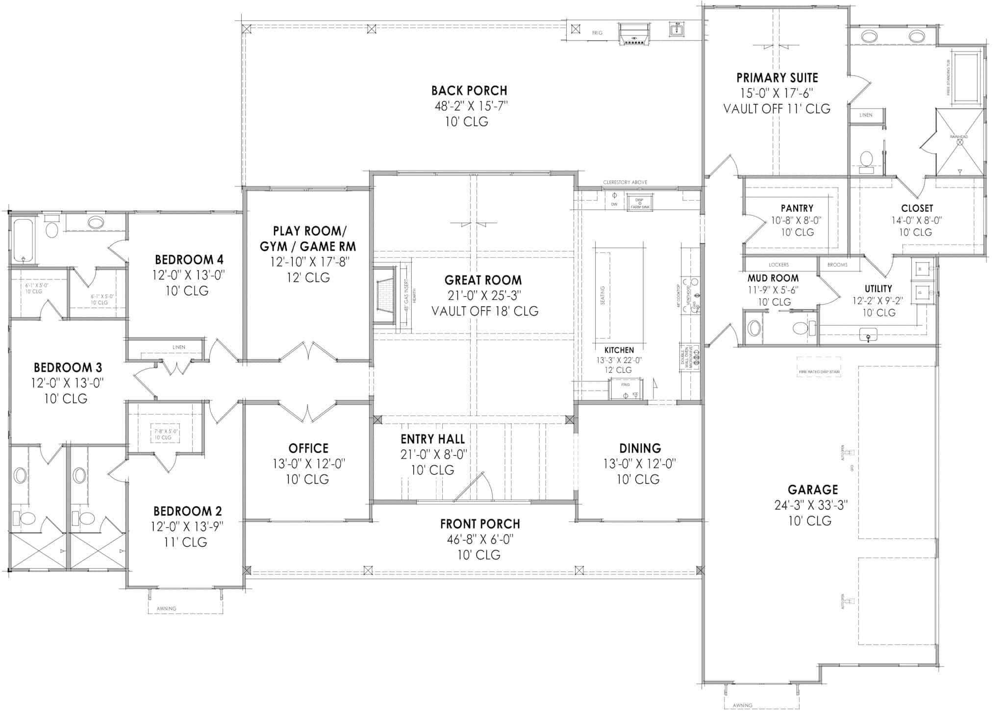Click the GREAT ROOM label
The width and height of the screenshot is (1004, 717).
(483, 280)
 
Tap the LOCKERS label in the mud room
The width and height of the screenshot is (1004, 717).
(778, 265)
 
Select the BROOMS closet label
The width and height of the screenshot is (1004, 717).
(837, 265)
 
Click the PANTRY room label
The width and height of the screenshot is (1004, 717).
(797, 208)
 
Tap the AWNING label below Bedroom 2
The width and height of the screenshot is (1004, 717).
(167, 609)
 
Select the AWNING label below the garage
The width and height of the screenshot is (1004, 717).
(742, 705)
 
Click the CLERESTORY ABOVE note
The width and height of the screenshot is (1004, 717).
(625, 182)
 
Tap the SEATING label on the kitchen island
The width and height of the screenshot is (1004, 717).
(602, 295)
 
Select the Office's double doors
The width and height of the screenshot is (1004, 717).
(307, 412)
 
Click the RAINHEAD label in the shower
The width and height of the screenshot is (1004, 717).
(959, 137)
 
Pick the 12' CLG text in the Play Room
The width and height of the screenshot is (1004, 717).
(308, 278)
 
